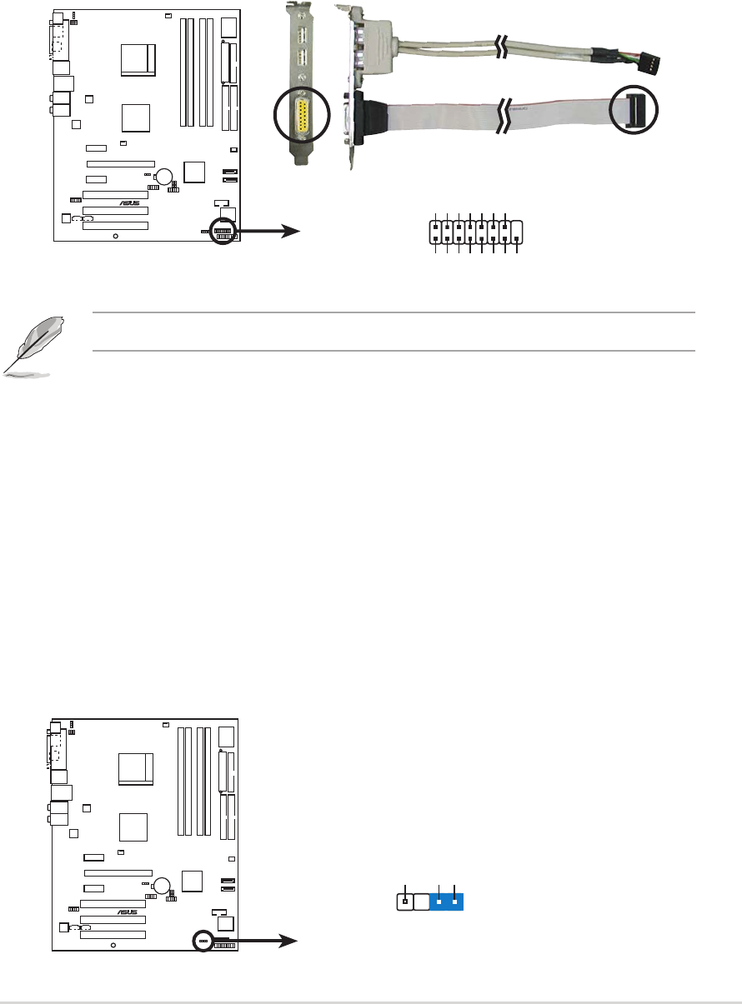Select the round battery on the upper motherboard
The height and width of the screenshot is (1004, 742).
coord(164,176)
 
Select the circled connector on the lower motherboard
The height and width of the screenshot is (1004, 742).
coord(203,940)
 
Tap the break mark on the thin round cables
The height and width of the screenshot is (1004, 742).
coord(500,47)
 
